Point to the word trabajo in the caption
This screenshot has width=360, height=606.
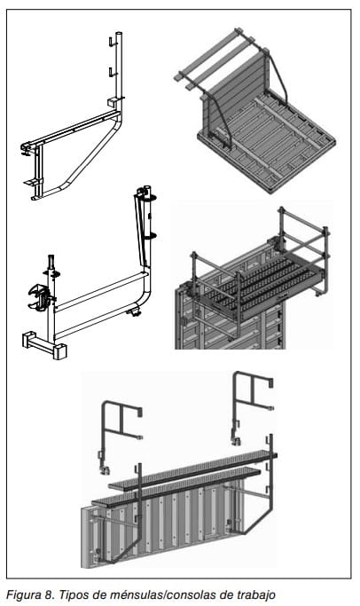point(255,594)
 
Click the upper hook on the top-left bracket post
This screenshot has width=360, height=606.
point(112,42)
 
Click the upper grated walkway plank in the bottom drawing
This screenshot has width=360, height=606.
point(193,470)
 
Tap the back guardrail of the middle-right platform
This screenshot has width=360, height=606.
point(304,240)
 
